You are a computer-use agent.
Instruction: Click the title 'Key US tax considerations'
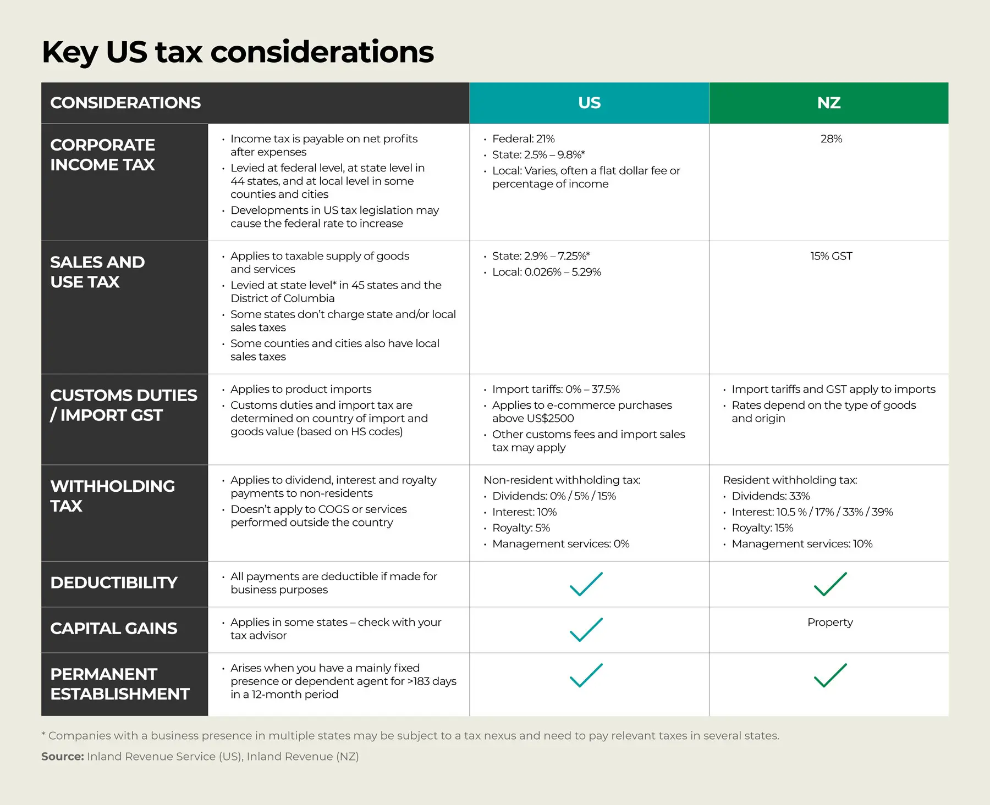(238, 52)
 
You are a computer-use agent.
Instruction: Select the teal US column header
(589, 103)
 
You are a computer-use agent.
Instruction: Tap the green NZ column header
(828, 103)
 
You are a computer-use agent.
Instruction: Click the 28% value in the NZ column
(831, 139)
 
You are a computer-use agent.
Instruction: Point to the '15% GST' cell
(831, 256)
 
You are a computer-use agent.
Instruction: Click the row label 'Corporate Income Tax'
(103, 154)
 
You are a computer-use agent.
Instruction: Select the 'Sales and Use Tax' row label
(97, 272)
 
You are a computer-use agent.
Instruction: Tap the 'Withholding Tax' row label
(112, 496)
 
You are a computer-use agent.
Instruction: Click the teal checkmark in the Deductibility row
(586, 584)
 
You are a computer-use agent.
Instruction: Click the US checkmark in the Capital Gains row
(586, 629)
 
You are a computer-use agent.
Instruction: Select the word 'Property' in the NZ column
(830, 622)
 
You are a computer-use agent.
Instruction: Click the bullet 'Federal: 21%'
(523, 139)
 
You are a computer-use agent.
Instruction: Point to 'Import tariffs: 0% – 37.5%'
(555, 389)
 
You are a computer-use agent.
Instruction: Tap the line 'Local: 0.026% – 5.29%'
(546, 272)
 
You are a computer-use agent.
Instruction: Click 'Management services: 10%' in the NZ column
(801, 544)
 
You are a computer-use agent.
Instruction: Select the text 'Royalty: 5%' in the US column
(521, 528)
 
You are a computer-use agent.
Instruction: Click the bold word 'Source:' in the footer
(62, 757)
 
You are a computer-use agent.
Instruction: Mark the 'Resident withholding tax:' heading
(790, 480)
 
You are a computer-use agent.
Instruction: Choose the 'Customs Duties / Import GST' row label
(123, 405)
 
